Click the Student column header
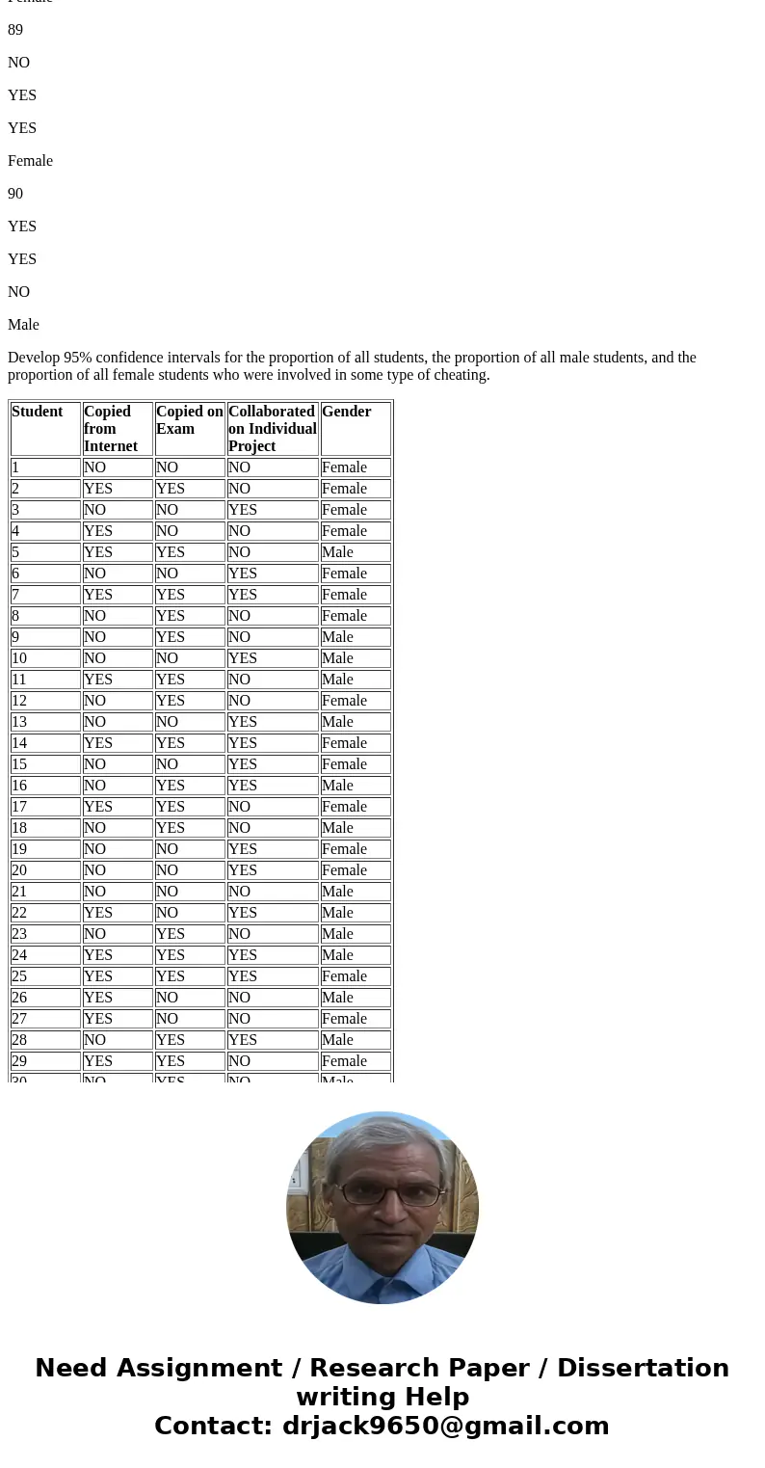(x=38, y=413)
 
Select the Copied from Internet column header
(x=107, y=428)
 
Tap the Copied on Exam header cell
(x=189, y=420)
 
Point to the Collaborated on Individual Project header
(x=272, y=428)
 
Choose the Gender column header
(x=346, y=413)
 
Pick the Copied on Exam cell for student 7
(x=171, y=595)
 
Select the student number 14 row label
(x=20, y=743)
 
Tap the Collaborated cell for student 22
(x=243, y=913)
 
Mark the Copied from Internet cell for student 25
(x=98, y=976)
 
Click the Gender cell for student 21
(x=337, y=892)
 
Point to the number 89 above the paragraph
(x=15, y=30)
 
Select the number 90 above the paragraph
(x=15, y=194)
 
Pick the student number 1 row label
(x=15, y=467)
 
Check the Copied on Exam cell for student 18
(x=171, y=828)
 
